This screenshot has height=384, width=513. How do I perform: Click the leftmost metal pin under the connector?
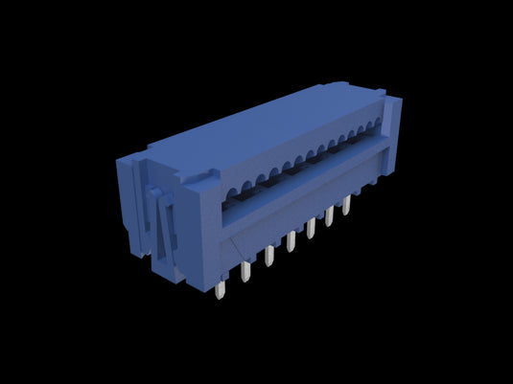point(222,287)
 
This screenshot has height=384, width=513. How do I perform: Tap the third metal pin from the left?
point(268,256)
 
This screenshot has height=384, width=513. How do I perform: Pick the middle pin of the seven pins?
point(290,241)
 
